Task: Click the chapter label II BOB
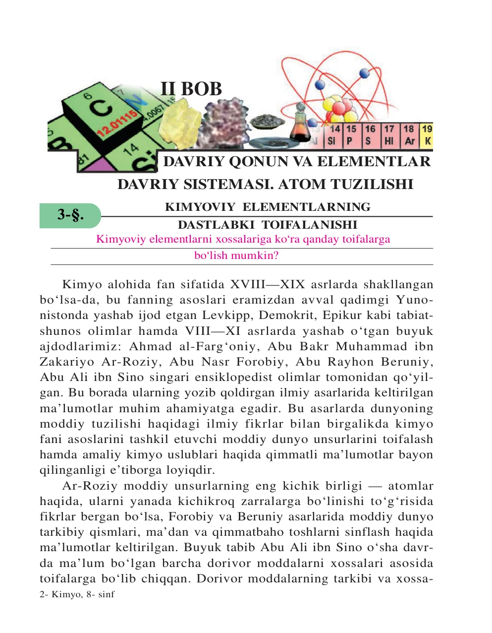coord(191,89)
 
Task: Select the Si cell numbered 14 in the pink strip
coord(334,135)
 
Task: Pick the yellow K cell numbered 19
coord(427,135)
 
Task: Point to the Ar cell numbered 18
coord(409,135)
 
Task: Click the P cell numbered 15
coord(351,135)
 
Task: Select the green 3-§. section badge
coord(70,215)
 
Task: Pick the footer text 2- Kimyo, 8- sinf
coord(77,594)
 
